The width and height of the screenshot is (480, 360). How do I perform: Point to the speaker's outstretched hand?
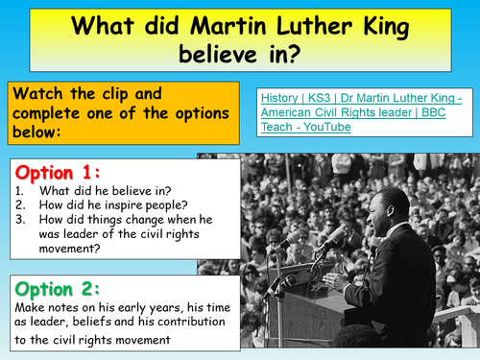coord(330,284)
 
